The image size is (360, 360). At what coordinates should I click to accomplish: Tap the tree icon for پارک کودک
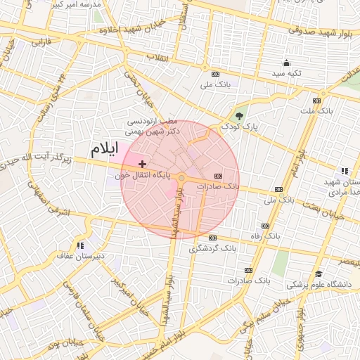pyautogui.click(x=240, y=117)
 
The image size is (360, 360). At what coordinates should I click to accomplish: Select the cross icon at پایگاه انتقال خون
pyautogui.click(x=143, y=164)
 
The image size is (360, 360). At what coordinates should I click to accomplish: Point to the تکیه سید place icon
pyautogui.click(x=286, y=63)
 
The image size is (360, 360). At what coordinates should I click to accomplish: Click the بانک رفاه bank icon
pyautogui.click(x=265, y=226)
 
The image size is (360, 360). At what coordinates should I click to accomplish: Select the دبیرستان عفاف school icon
pyautogui.click(x=81, y=245)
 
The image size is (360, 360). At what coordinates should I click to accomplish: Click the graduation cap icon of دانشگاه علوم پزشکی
pyautogui.click(x=319, y=274)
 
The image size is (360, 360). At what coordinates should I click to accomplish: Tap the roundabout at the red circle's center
pyautogui.click(x=181, y=179)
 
